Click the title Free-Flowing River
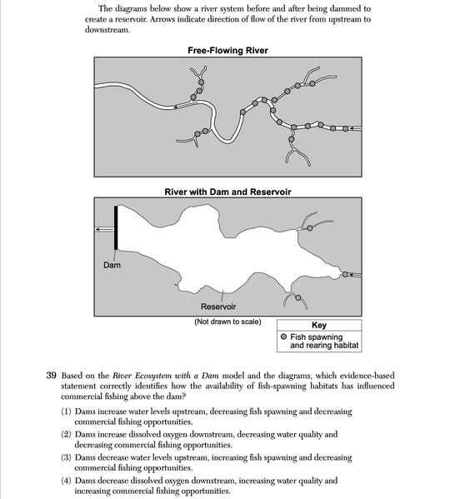point(227,51)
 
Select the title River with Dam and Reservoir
point(227,192)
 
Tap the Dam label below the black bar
point(112,266)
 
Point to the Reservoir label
point(217,307)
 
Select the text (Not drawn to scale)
point(227,322)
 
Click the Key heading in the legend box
point(318,325)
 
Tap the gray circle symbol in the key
point(283,337)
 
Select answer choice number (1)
point(67,412)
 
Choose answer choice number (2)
point(67,434)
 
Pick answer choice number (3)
point(67,457)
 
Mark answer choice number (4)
point(67,481)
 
